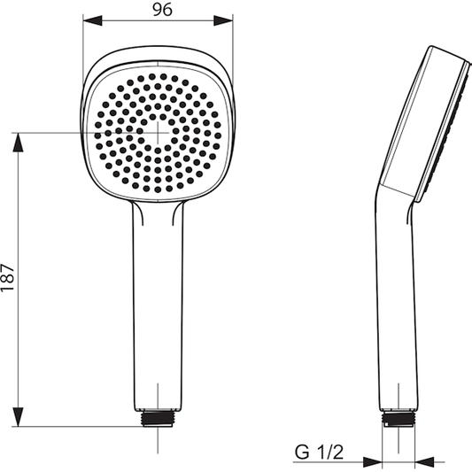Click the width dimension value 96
click(159, 11)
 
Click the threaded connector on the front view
click(157, 417)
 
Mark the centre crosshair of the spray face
click(158, 132)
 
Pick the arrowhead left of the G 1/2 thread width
click(376, 460)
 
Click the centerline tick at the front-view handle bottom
click(157, 394)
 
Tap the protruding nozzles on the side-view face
click(453, 124)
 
